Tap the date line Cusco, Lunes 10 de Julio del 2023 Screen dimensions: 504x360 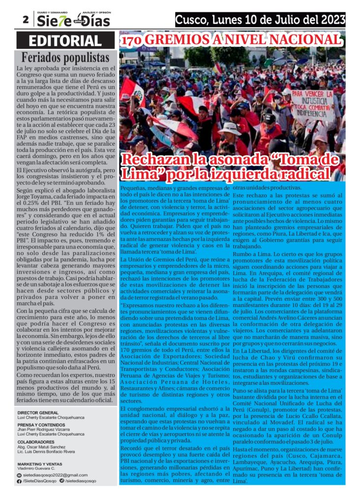(260, 20)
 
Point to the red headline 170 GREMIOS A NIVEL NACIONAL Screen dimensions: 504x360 (232, 40)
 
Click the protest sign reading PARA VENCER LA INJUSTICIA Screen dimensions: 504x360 (312, 101)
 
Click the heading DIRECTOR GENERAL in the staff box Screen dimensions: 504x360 (38, 412)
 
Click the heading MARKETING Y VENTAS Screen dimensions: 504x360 (40, 464)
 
